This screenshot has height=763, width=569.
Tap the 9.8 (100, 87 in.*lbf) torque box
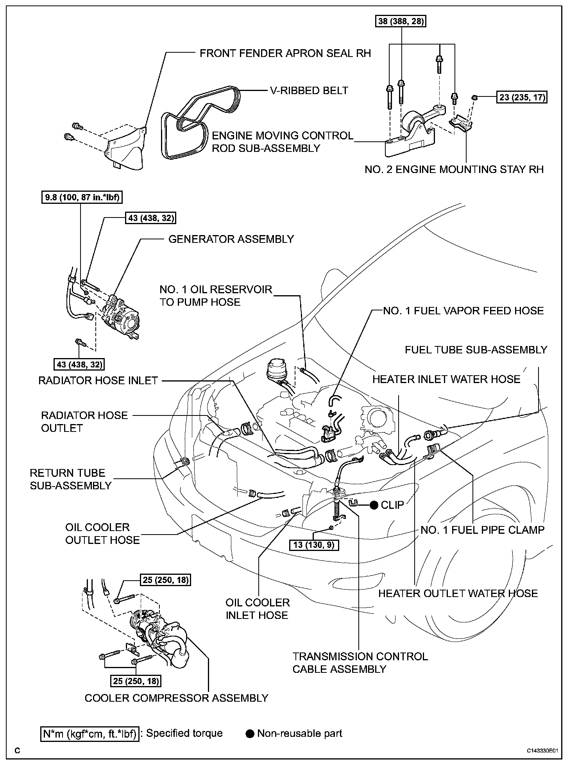[x=81, y=198]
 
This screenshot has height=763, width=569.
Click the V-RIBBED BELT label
[x=309, y=91]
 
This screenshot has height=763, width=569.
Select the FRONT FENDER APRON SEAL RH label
[x=285, y=53]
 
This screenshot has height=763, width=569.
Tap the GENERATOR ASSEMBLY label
[x=231, y=239]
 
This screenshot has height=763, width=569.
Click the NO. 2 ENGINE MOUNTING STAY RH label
[x=454, y=169]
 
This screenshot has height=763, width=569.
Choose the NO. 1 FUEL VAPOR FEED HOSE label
[x=463, y=311]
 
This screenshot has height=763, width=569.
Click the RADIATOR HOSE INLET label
[x=98, y=380]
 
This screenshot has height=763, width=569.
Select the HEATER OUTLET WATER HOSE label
[x=458, y=594]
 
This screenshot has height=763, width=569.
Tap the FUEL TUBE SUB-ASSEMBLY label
[x=476, y=350]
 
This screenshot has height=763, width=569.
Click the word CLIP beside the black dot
[x=392, y=505]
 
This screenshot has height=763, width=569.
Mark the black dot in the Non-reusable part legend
[x=250, y=734]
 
